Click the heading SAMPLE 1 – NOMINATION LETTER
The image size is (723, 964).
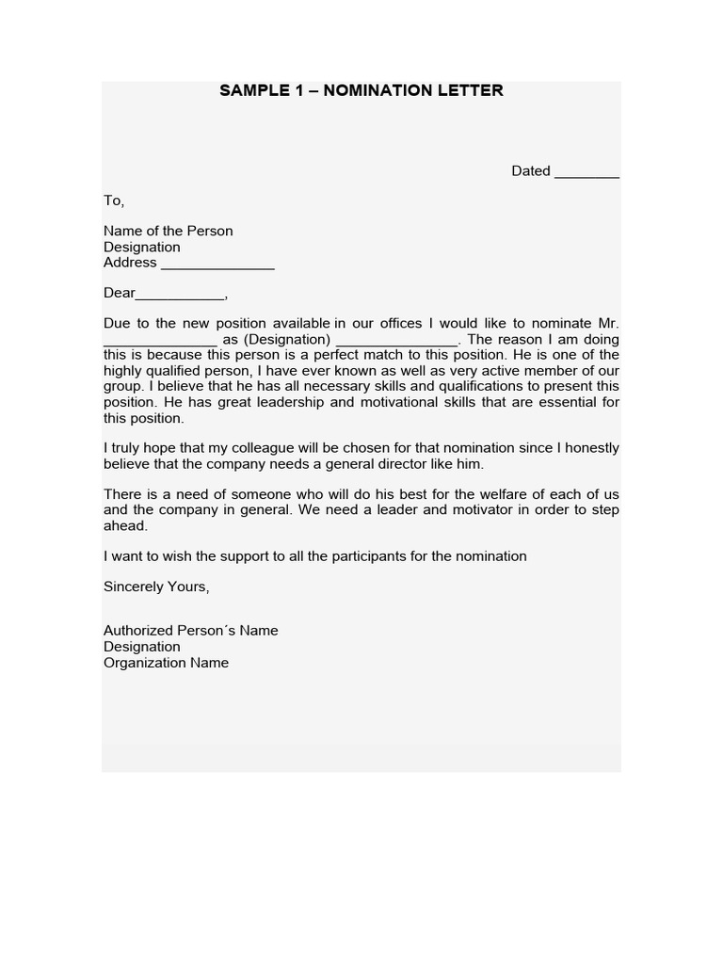[x=361, y=90]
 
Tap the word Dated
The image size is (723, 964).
[x=531, y=170]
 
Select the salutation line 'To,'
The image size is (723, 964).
[x=114, y=201]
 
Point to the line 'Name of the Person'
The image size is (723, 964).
[x=169, y=231]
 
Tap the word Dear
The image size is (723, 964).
[x=120, y=293]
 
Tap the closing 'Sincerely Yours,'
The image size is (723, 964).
[x=156, y=586]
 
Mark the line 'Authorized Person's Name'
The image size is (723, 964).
[x=191, y=630]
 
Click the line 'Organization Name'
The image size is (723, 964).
[x=166, y=662]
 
